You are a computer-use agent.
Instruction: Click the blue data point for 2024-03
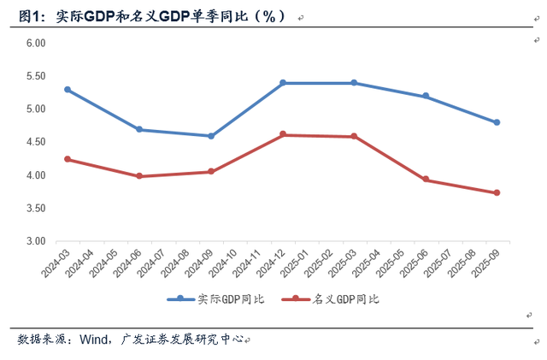(68, 90)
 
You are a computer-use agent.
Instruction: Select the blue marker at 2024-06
(139, 130)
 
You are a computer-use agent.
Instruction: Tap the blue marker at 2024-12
(282, 83)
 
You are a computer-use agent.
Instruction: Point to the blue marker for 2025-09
(497, 122)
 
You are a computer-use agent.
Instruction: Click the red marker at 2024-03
(68, 159)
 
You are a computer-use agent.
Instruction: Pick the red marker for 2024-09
(211, 172)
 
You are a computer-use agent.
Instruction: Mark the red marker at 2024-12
(282, 135)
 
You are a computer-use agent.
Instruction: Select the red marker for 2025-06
(426, 180)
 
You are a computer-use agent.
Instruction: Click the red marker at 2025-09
(497, 193)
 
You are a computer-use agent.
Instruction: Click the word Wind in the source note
(94, 339)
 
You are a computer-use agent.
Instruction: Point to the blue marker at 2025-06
(426, 97)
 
